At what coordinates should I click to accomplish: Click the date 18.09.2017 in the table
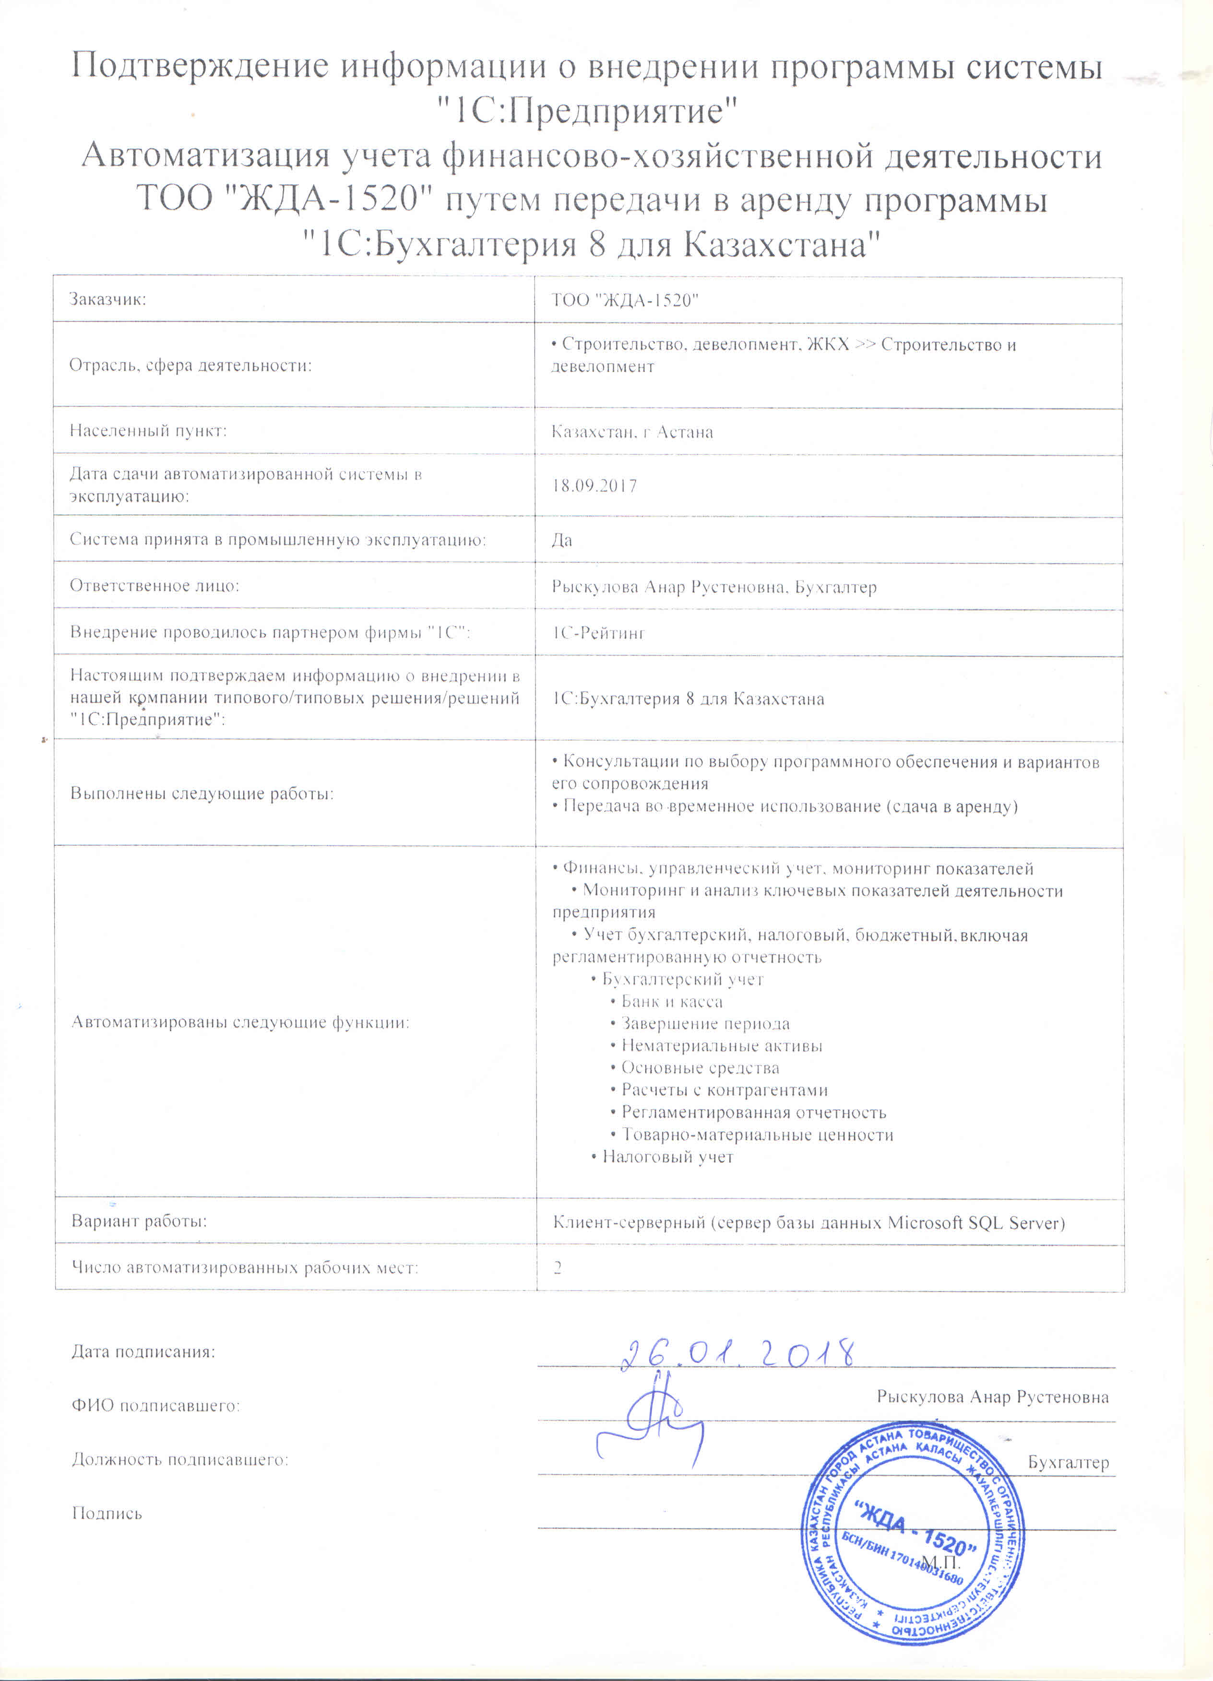595,486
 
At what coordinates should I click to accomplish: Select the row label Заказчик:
107,299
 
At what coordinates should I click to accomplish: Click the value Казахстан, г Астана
632,432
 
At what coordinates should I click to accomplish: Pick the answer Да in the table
562,540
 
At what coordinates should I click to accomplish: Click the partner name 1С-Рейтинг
598,633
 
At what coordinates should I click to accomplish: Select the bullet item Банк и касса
671,1002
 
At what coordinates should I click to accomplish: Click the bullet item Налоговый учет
666,1157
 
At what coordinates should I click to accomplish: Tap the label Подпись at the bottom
107,1514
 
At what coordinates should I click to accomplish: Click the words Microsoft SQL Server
976,1223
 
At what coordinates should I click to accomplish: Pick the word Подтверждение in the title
200,67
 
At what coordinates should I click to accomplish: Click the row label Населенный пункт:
148,431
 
